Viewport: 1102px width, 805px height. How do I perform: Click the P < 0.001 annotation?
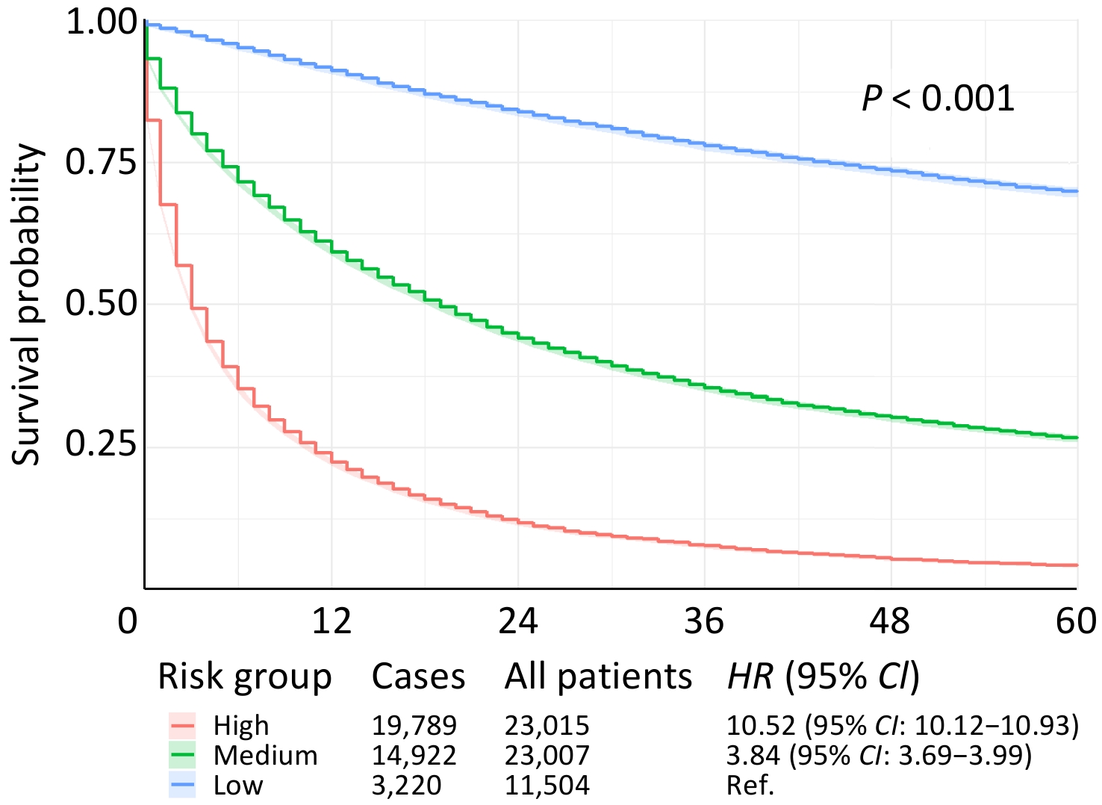click(938, 99)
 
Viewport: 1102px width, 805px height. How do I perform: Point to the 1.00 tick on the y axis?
click(102, 22)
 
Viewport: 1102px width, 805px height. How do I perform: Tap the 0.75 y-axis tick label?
click(102, 162)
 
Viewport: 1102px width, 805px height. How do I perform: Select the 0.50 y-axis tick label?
click(102, 303)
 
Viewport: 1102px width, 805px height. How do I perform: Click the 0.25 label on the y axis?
click(102, 444)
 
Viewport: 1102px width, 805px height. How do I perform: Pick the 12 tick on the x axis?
click(331, 621)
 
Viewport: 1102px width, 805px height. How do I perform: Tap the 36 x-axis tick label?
click(703, 621)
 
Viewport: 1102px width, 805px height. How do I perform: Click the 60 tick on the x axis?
click(1076, 621)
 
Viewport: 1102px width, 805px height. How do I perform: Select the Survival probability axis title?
click(28, 304)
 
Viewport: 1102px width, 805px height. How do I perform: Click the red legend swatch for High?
click(182, 726)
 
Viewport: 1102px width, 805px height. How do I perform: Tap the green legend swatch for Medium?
click(182, 756)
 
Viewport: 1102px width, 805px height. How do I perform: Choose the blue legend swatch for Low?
click(182, 786)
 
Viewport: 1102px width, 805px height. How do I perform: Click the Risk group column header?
click(244, 677)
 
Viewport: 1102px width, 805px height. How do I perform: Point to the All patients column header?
click(598, 677)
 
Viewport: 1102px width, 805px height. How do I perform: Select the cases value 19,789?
click(414, 726)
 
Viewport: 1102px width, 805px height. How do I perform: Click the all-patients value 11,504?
click(547, 786)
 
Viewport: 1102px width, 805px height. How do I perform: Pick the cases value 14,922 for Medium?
click(414, 756)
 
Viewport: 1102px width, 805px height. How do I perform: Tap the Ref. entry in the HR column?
click(750, 786)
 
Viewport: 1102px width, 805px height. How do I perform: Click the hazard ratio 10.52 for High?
click(761, 726)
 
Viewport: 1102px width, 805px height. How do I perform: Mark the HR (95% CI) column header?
click(824, 677)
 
